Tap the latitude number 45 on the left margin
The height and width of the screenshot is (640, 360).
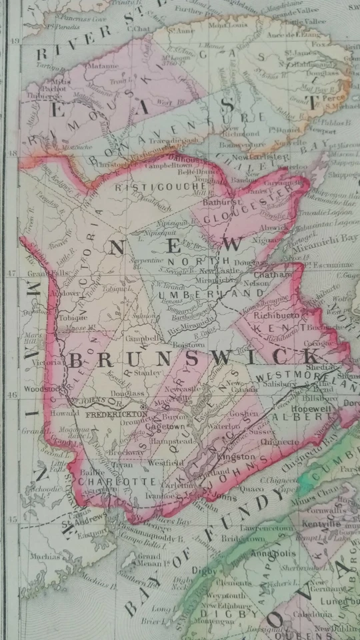tap(12, 518)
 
